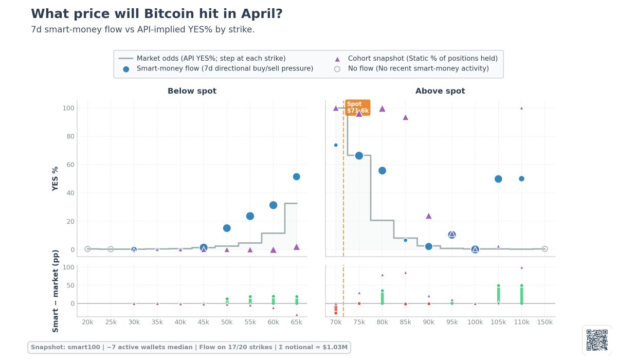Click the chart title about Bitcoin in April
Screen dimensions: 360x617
157,14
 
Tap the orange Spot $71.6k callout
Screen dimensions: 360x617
357,107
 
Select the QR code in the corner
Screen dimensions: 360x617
596,339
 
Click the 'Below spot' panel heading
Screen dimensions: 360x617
192,91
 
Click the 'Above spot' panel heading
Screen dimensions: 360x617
440,91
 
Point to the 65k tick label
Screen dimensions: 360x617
296,322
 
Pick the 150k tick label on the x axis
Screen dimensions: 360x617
545,322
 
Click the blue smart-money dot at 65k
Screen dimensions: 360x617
296,176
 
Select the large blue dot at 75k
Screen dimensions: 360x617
359,156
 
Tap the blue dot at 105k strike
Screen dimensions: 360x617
498,179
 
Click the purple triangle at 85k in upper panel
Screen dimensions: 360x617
405,117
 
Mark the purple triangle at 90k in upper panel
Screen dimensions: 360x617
429,216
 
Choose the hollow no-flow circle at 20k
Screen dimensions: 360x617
87,249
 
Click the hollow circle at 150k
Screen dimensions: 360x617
545,249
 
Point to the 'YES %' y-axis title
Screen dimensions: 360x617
56,176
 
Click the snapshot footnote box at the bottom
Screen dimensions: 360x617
189,347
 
